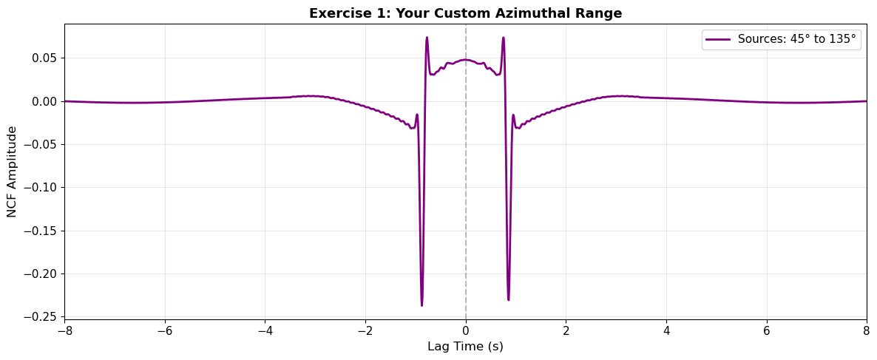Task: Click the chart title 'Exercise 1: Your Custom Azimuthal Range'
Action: tap(465, 13)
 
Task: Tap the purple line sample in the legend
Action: tap(719, 39)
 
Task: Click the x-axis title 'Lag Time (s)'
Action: tap(465, 347)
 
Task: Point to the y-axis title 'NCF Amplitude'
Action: tap(12, 171)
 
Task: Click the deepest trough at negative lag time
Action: tap(421, 305)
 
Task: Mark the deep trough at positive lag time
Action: tap(509, 299)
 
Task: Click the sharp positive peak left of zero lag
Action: tap(427, 38)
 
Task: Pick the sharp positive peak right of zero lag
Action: tap(504, 38)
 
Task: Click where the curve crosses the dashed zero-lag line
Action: tap(466, 60)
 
